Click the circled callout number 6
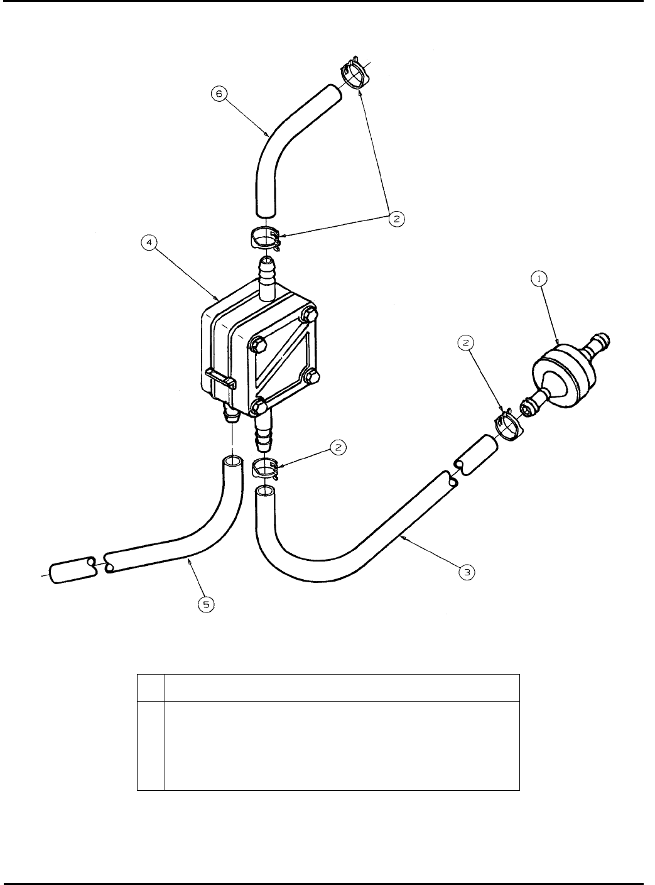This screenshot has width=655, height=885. [x=219, y=95]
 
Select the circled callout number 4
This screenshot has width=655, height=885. [x=149, y=242]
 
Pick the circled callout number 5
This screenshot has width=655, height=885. [x=206, y=604]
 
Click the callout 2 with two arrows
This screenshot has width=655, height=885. [x=396, y=218]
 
